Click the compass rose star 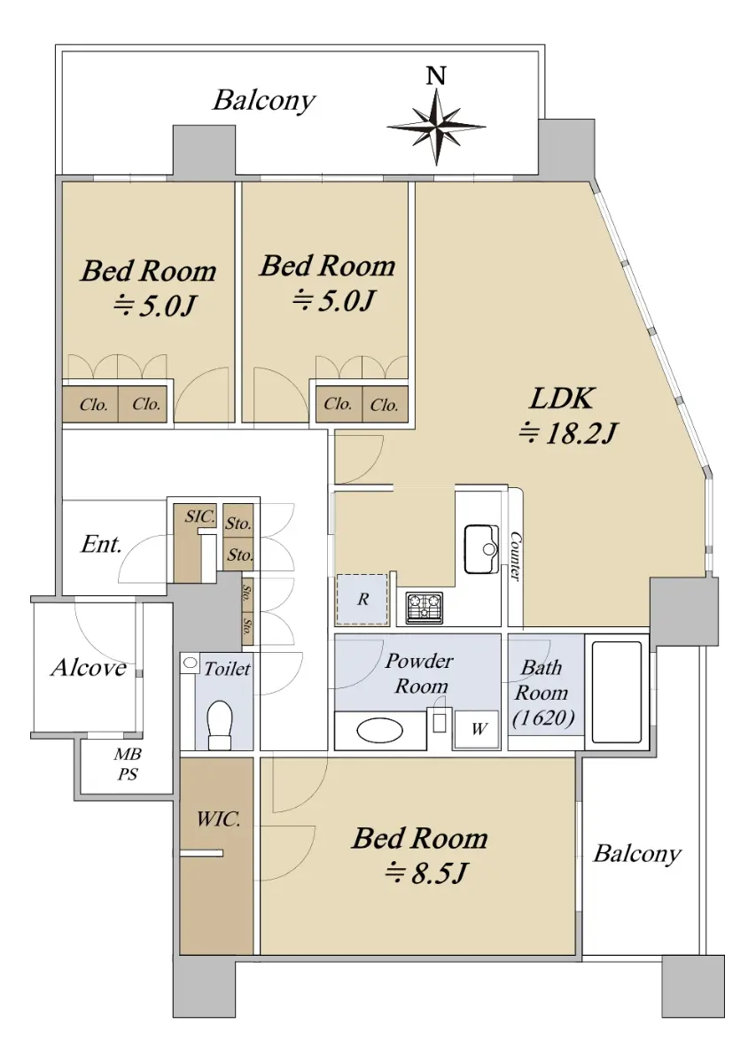pos(436,128)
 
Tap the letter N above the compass pos(436,76)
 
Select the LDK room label pos(562,399)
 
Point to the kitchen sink pos(480,548)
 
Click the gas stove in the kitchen pos(424,608)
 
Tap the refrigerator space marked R pos(362,600)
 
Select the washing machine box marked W pos(476,729)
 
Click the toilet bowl pos(220,725)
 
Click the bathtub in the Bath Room pos(616,693)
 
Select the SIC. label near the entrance pos(200,516)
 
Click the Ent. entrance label pos(101,544)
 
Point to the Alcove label pos(89,668)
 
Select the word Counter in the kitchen pos(515,555)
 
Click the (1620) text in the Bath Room pos(543,718)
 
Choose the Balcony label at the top pos(264,101)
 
